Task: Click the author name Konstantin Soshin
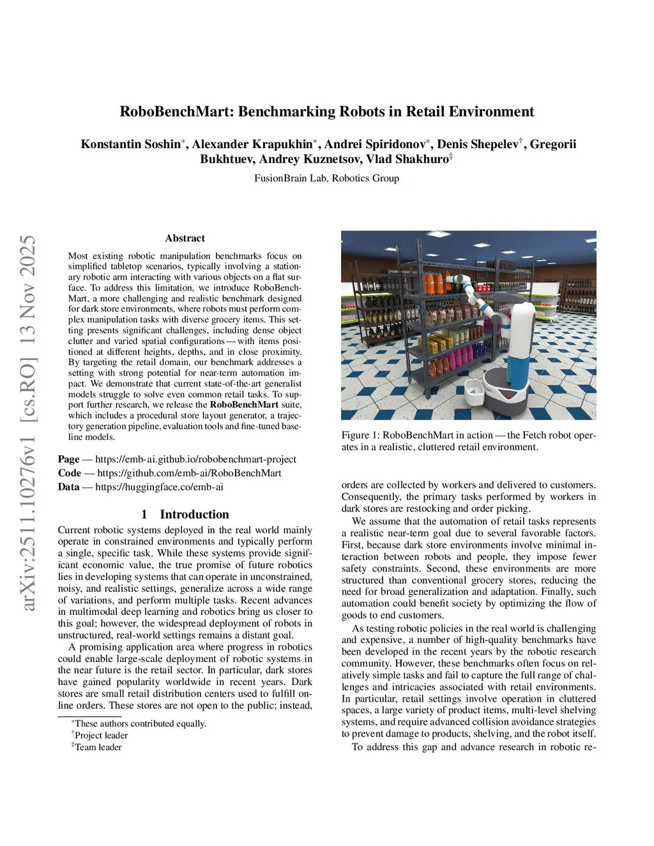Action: click(x=131, y=144)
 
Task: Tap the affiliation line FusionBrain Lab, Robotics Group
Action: click(x=326, y=178)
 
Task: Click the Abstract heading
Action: click(x=185, y=238)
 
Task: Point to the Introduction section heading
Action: click(x=194, y=514)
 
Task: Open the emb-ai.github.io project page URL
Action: click(x=195, y=459)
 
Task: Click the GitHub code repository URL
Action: click(x=189, y=473)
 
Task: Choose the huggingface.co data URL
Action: click(x=159, y=487)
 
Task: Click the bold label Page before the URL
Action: click(x=68, y=459)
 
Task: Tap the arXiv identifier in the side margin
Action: click(x=28, y=421)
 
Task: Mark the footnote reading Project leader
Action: click(x=101, y=736)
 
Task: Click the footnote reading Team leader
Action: click(x=98, y=747)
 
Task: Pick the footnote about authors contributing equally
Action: click(x=140, y=723)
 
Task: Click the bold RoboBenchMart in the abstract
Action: click(x=244, y=405)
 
